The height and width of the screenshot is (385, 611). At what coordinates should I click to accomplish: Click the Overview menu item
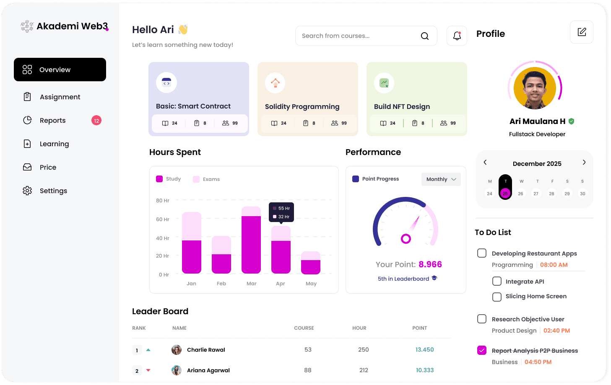pos(60,70)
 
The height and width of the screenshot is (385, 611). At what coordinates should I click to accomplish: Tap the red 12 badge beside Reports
pos(96,121)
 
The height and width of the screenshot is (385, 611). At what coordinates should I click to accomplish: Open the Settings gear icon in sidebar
pos(27,191)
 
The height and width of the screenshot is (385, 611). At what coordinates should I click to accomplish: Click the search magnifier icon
pos(425,36)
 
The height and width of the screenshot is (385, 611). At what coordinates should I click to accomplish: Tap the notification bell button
pos(457,36)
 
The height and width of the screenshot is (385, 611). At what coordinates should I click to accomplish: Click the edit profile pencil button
pos(581,32)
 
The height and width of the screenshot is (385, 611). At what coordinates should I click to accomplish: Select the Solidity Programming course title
pos(302,106)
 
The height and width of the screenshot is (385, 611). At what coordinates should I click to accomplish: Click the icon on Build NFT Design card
pos(384,83)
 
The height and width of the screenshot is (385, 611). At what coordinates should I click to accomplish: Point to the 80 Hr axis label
pos(162,201)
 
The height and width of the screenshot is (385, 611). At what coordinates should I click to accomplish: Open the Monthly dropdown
pos(441,179)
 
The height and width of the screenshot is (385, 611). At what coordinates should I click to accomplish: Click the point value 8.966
pos(430,264)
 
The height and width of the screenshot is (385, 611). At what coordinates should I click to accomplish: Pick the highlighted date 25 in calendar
pos(505,194)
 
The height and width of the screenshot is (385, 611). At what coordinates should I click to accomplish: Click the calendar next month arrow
pos(584,163)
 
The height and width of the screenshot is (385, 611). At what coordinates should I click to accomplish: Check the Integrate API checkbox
pos(497,281)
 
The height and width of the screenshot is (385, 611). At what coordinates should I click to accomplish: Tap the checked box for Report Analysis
pos(482,350)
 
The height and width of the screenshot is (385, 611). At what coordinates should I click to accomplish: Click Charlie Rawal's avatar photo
pos(177,350)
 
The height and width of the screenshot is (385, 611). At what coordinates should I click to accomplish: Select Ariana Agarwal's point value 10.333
pos(424,370)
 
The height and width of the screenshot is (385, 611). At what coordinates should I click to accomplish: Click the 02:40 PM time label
pos(556,331)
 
